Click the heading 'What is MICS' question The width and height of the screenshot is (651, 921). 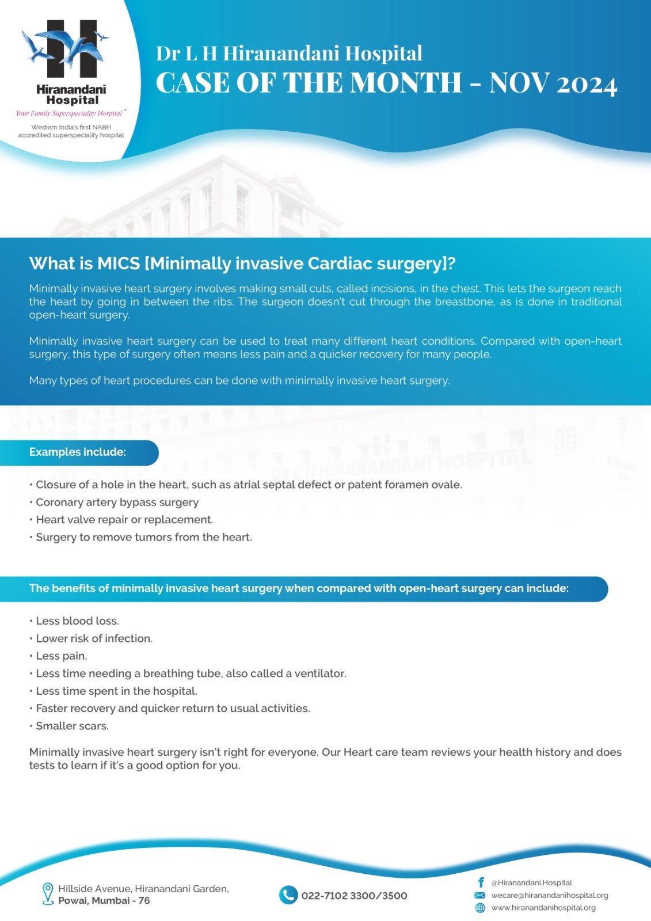pos(242,263)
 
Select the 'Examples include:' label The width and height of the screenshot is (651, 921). pos(78,452)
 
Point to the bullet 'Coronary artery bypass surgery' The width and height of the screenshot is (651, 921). pos(117,503)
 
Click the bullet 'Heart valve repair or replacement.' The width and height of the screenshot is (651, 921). pos(124,520)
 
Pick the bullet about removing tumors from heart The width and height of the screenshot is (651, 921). pos(144,537)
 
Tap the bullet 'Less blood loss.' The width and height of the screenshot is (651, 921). pos(77,621)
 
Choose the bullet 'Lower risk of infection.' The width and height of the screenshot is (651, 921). pos(94,638)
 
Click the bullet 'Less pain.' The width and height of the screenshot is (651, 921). pos(61,656)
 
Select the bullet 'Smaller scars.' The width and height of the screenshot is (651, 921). pos(72,726)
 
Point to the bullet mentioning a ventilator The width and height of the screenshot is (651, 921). pos(191,673)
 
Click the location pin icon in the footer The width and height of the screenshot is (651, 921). pos(48,894)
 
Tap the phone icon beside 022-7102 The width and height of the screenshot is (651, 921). pos(288,895)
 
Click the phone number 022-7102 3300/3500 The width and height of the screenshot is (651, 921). pos(354,896)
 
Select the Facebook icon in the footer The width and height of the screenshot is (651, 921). pos(481,882)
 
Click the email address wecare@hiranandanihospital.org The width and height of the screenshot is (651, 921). pos(549,895)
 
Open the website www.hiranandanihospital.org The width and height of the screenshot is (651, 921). pos(543,908)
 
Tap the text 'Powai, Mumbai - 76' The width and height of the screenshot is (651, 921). pos(104,901)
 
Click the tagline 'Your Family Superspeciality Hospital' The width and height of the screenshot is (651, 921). pos(69,113)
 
